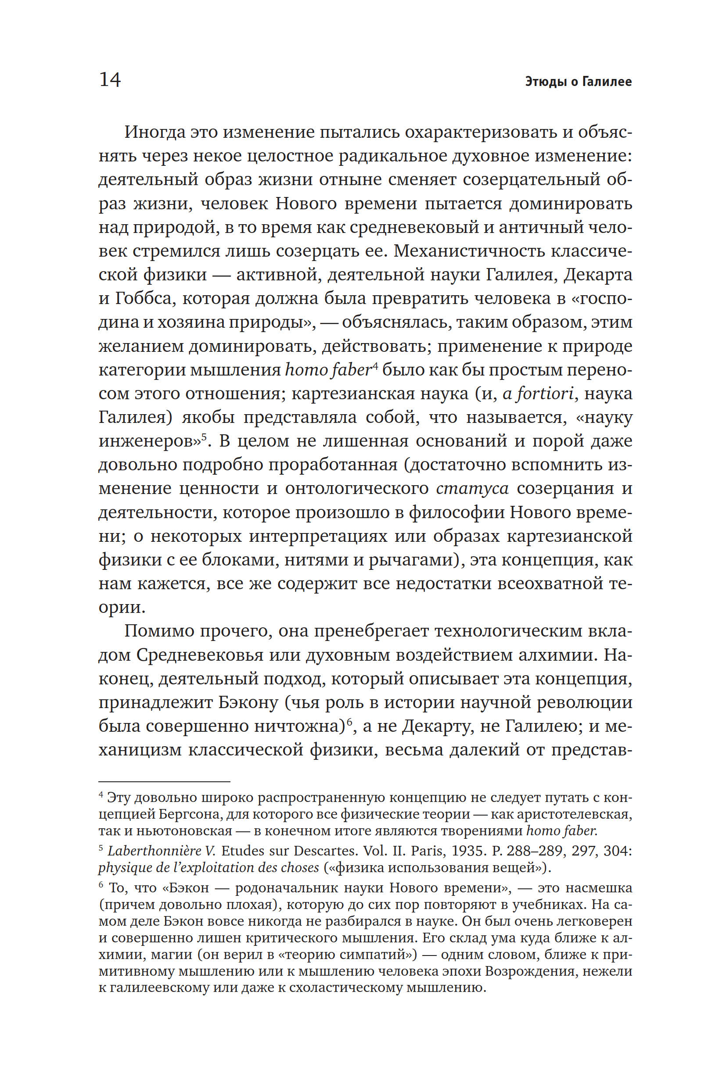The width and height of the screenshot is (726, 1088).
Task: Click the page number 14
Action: coord(110,79)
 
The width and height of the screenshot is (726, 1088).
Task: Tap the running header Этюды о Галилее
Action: coord(579,82)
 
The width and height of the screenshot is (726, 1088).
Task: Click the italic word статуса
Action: coord(472,488)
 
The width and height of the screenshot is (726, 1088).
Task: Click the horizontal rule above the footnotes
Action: coord(164,782)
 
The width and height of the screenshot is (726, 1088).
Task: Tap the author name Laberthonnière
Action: coord(155,851)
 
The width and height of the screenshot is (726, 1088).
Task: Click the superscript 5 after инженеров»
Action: coord(203,437)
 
